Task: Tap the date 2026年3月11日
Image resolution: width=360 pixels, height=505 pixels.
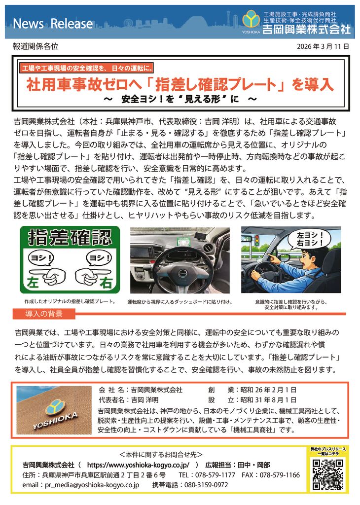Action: pos(324,47)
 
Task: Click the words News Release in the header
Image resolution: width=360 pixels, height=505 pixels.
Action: pos(52,24)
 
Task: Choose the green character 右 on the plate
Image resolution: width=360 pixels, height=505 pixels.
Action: pos(106,284)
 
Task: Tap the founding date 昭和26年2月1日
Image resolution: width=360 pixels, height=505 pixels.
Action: pos(268,389)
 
